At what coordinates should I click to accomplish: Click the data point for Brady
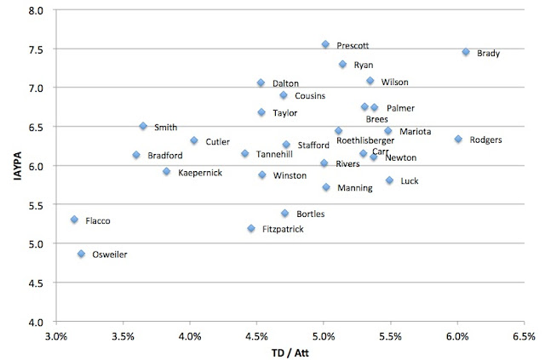466,52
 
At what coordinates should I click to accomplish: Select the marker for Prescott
325,44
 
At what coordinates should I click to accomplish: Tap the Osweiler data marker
81,254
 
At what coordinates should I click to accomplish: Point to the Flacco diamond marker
74,220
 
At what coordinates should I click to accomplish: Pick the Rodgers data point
458,139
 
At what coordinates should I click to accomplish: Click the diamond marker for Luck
389,180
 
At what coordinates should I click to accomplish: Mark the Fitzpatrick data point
251,228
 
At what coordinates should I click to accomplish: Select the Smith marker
143,126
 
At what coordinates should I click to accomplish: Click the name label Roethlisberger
365,140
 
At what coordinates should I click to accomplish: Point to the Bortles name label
310,214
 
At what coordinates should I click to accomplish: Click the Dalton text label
285,83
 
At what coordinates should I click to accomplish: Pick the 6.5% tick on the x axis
524,335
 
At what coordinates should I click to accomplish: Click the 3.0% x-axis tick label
55,335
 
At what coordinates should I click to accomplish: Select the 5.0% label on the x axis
323,335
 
